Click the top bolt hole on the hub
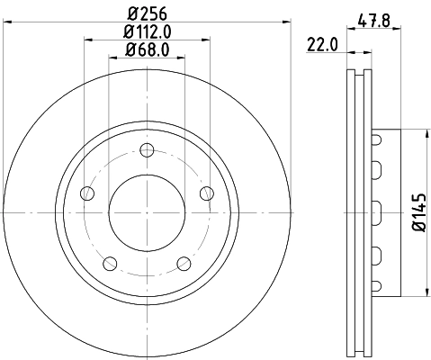coord(147,152)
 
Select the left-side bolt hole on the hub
coord(87,193)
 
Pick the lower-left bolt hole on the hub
coord(110,263)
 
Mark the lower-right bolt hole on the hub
coord(184,263)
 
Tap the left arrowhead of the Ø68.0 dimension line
coord(112,56)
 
